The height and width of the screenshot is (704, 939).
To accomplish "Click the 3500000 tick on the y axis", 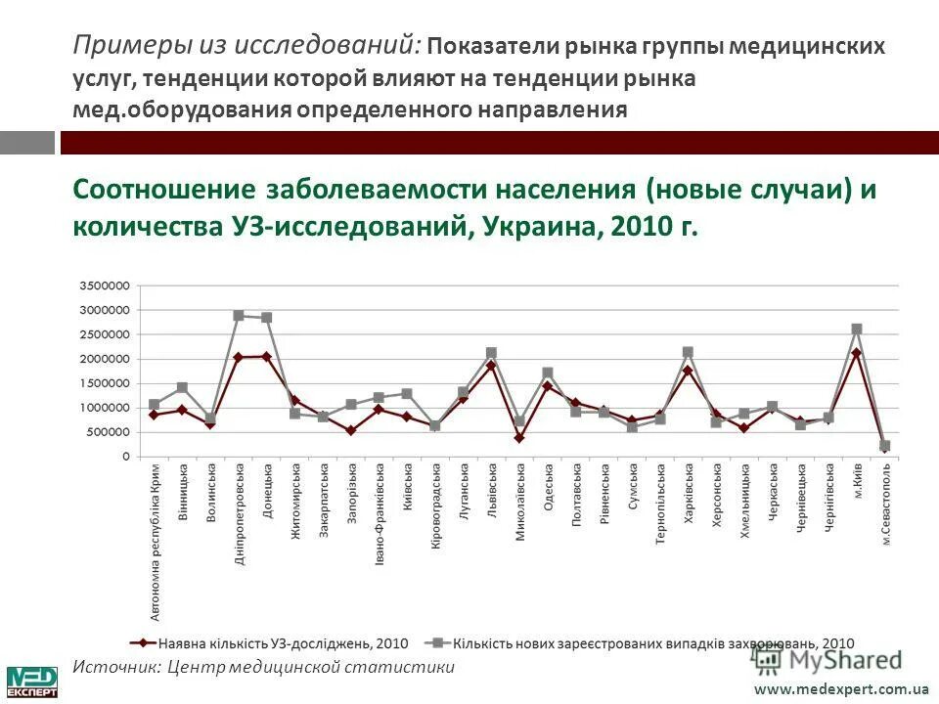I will click(x=105, y=286).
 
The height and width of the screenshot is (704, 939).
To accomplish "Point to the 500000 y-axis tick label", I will click(x=108, y=432).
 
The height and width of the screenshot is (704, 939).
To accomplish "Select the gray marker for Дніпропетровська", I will click(x=239, y=316).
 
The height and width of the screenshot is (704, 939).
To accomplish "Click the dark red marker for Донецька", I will click(x=267, y=357).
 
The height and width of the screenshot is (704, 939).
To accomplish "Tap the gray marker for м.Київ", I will click(x=857, y=330).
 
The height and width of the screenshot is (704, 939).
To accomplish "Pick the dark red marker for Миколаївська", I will click(x=519, y=438).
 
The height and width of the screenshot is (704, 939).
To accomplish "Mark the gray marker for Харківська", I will click(x=688, y=352).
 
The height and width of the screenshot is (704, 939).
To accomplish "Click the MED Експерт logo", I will click(x=32, y=682).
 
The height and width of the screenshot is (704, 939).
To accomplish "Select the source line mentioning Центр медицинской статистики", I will click(x=264, y=667).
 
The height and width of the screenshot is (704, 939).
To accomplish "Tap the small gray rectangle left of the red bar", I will click(x=27, y=143).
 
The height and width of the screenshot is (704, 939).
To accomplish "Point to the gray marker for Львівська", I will click(x=491, y=353).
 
